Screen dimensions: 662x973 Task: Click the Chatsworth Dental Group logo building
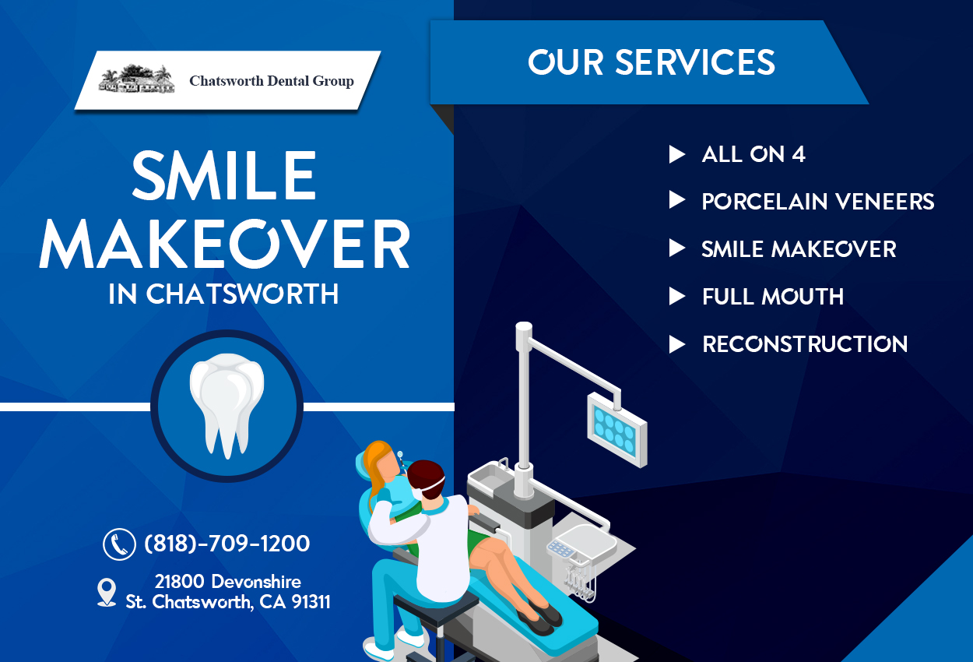(x=137, y=79)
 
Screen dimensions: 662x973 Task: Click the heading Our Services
(x=651, y=62)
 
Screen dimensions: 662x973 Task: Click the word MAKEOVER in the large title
(x=225, y=245)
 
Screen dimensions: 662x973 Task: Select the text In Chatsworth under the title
(x=224, y=294)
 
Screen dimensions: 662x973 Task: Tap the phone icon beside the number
(x=119, y=544)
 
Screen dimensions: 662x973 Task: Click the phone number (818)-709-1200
(x=227, y=544)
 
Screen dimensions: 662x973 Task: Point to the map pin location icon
(x=107, y=592)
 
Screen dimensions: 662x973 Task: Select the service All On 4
(x=753, y=154)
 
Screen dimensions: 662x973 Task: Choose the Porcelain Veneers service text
(x=817, y=202)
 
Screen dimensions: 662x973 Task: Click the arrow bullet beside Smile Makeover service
(x=677, y=249)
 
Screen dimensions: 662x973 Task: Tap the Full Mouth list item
(x=772, y=297)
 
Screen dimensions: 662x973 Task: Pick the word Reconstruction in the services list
(x=804, y=344)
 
